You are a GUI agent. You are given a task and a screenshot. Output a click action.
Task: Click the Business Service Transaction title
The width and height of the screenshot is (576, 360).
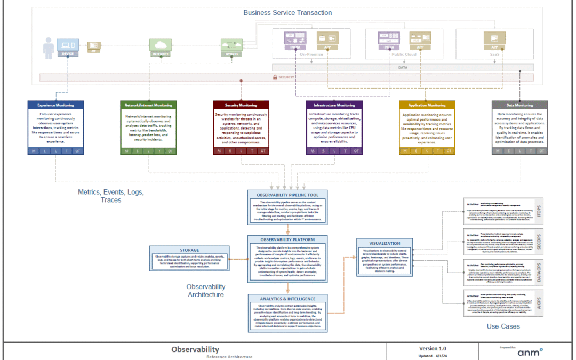coord(287,12)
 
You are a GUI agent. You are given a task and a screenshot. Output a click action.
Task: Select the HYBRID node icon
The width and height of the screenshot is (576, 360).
coord(231,45)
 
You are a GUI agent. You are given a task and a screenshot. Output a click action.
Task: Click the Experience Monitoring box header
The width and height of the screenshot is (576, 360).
coord(56,105)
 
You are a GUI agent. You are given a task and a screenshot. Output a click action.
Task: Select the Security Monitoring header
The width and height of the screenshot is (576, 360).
coord(241,105)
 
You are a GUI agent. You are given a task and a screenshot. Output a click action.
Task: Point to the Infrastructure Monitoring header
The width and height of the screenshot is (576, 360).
coord(334,105)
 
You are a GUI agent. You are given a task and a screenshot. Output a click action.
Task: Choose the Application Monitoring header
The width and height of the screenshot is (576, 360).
coord(427,105)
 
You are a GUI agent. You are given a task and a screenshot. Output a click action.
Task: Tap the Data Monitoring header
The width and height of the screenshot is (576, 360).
coord(519,105)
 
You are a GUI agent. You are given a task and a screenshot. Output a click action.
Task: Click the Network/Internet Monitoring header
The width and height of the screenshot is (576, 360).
coord(149,105)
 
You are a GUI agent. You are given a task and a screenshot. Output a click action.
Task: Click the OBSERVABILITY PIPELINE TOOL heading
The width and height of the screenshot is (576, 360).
coord(287,195)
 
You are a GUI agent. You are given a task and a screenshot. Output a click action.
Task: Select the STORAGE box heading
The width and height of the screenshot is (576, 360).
coord(189,250)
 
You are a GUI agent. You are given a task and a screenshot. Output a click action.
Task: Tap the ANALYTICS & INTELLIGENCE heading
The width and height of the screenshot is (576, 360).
coord(287,299)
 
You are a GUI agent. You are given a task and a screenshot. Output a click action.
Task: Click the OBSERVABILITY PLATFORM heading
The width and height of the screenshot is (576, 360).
coord(287,240)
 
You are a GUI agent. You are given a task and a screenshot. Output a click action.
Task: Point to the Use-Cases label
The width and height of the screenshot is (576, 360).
coord(503,326)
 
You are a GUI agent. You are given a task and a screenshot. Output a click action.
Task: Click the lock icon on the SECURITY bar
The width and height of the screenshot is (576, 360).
coord(275,77)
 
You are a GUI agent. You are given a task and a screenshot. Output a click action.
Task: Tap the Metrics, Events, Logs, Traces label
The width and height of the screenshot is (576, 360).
coord(110,196)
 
